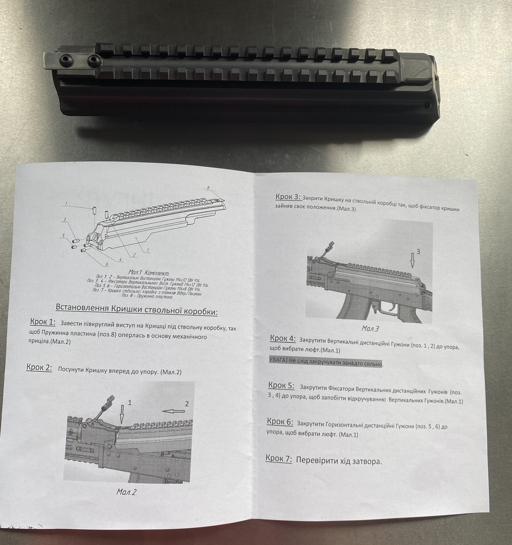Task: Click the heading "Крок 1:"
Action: pos(43,322)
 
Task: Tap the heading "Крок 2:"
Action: pos(39,367)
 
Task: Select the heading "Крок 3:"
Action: pos(288,197)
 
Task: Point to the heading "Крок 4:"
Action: pos(283,338)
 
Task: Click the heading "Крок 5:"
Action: pos(281,385)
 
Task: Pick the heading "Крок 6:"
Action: pos(280,421)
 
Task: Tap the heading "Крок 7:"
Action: pos(279,458)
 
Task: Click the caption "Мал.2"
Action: pos(126,492)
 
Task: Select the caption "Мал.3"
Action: pos(370,329)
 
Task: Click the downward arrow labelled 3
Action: pos(412,260)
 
